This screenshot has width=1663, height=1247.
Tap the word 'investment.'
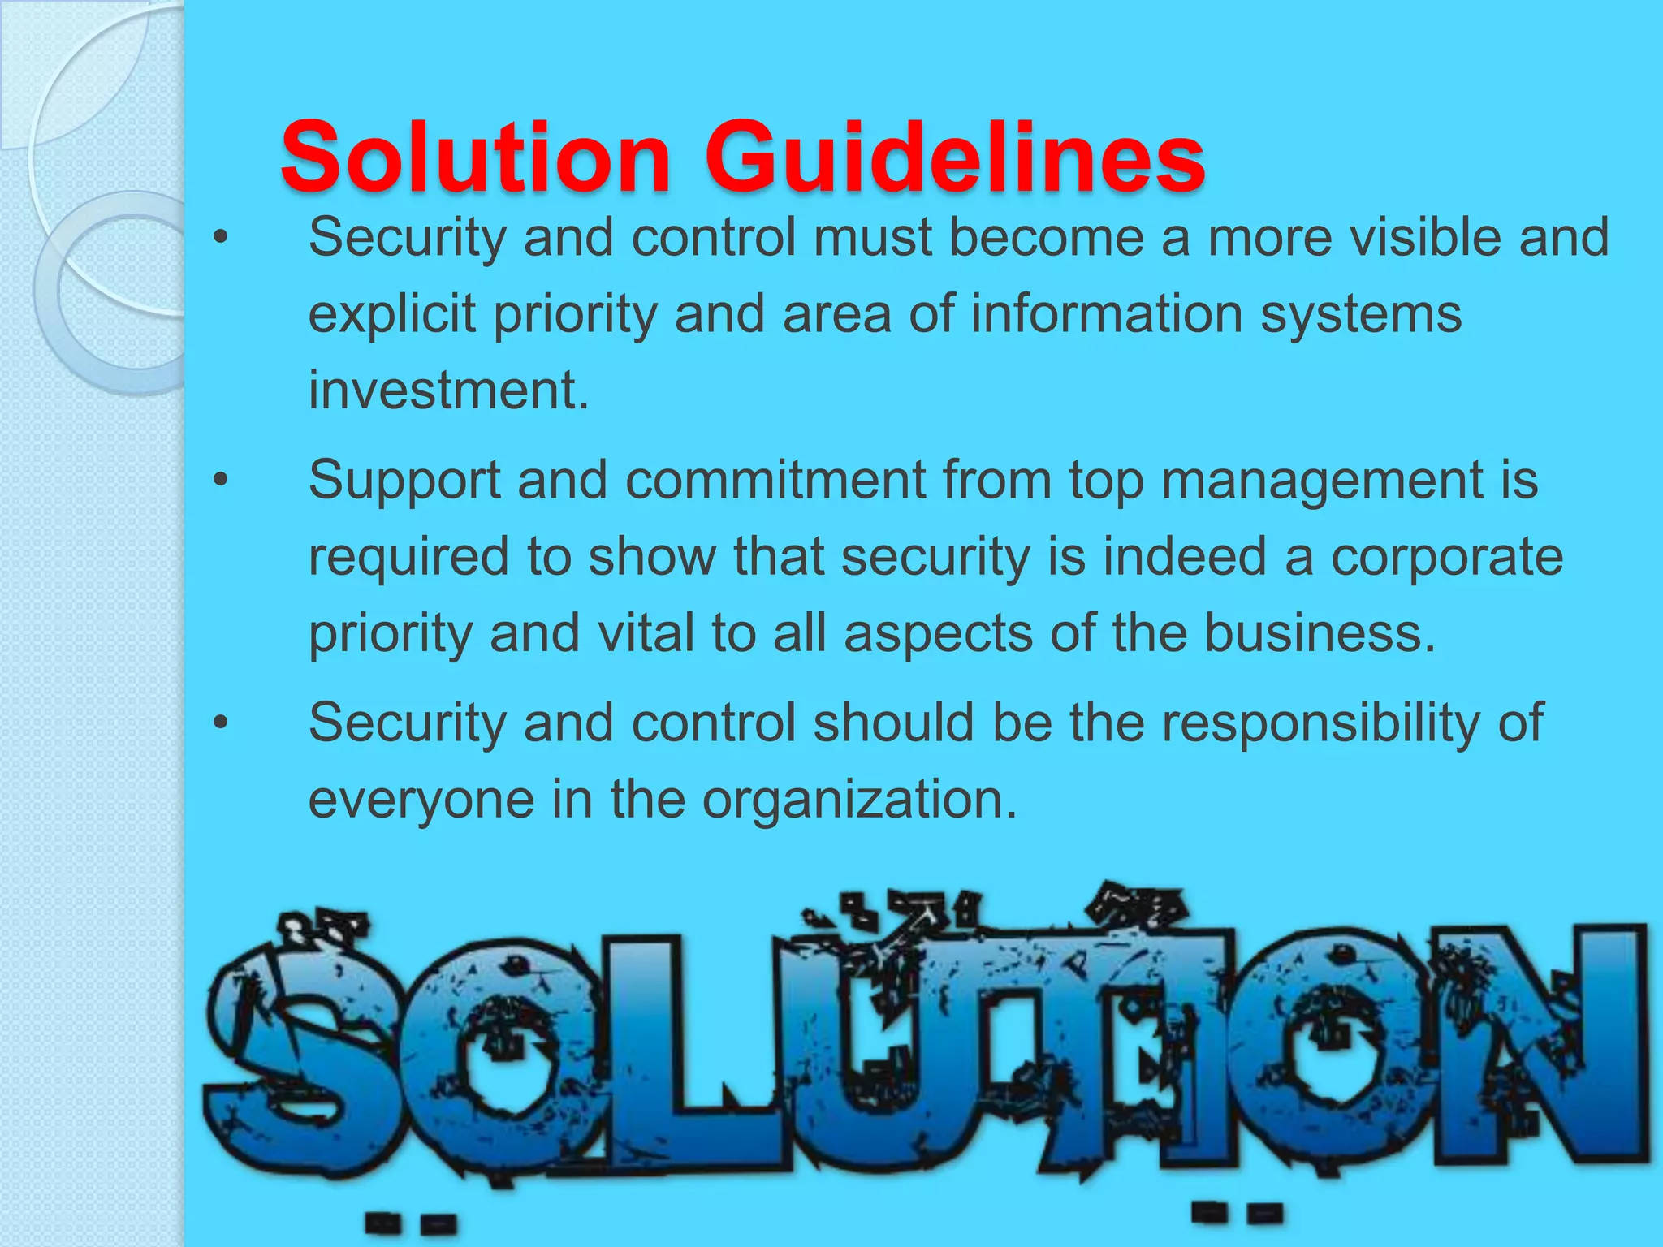[x=448, y=390]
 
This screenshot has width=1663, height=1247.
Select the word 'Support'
[x=404, y=481]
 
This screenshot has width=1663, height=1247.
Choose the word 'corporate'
[x=1446, y=557]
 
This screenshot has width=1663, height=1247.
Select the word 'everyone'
[x=421, y=800]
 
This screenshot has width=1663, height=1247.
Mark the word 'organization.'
[x=860, y=800]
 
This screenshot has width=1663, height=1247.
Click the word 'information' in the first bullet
[x=1107, y=314]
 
